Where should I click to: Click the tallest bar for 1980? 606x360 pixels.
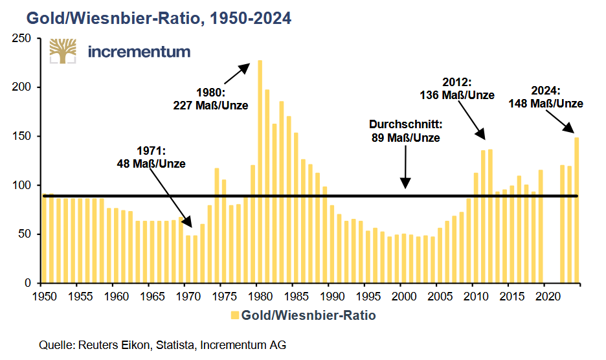coord(260,172)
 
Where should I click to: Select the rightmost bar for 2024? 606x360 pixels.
coord(577,210)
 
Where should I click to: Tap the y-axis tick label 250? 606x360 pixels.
coord(21,38)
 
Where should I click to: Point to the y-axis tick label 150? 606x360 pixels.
coord(21,136)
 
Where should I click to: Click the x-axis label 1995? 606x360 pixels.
coord(368,297)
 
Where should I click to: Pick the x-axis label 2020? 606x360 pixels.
coord(548,297)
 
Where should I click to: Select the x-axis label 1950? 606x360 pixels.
coord(45,297)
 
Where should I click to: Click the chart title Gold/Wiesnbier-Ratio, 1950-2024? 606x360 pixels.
coord(159,18)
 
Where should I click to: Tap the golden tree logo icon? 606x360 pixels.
coord(63,51)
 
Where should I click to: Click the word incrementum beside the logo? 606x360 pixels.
coord(139,51)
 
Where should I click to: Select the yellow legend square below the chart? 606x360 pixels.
coord(234,315)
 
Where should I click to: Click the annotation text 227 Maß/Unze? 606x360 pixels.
coord(210,105)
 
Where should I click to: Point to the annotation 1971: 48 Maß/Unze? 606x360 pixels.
coord(151,157)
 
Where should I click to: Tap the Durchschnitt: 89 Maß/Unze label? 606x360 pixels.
coord(406,131)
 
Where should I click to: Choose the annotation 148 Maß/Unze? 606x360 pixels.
coord(546,103)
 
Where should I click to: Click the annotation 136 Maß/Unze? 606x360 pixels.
coord(457,95)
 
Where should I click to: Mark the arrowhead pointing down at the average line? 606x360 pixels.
coord(405,183)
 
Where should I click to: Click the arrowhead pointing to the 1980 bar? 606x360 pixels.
coord(244,69)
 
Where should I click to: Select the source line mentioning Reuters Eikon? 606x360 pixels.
coord(163,345)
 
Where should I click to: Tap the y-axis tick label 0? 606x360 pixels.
coord(28,283)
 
